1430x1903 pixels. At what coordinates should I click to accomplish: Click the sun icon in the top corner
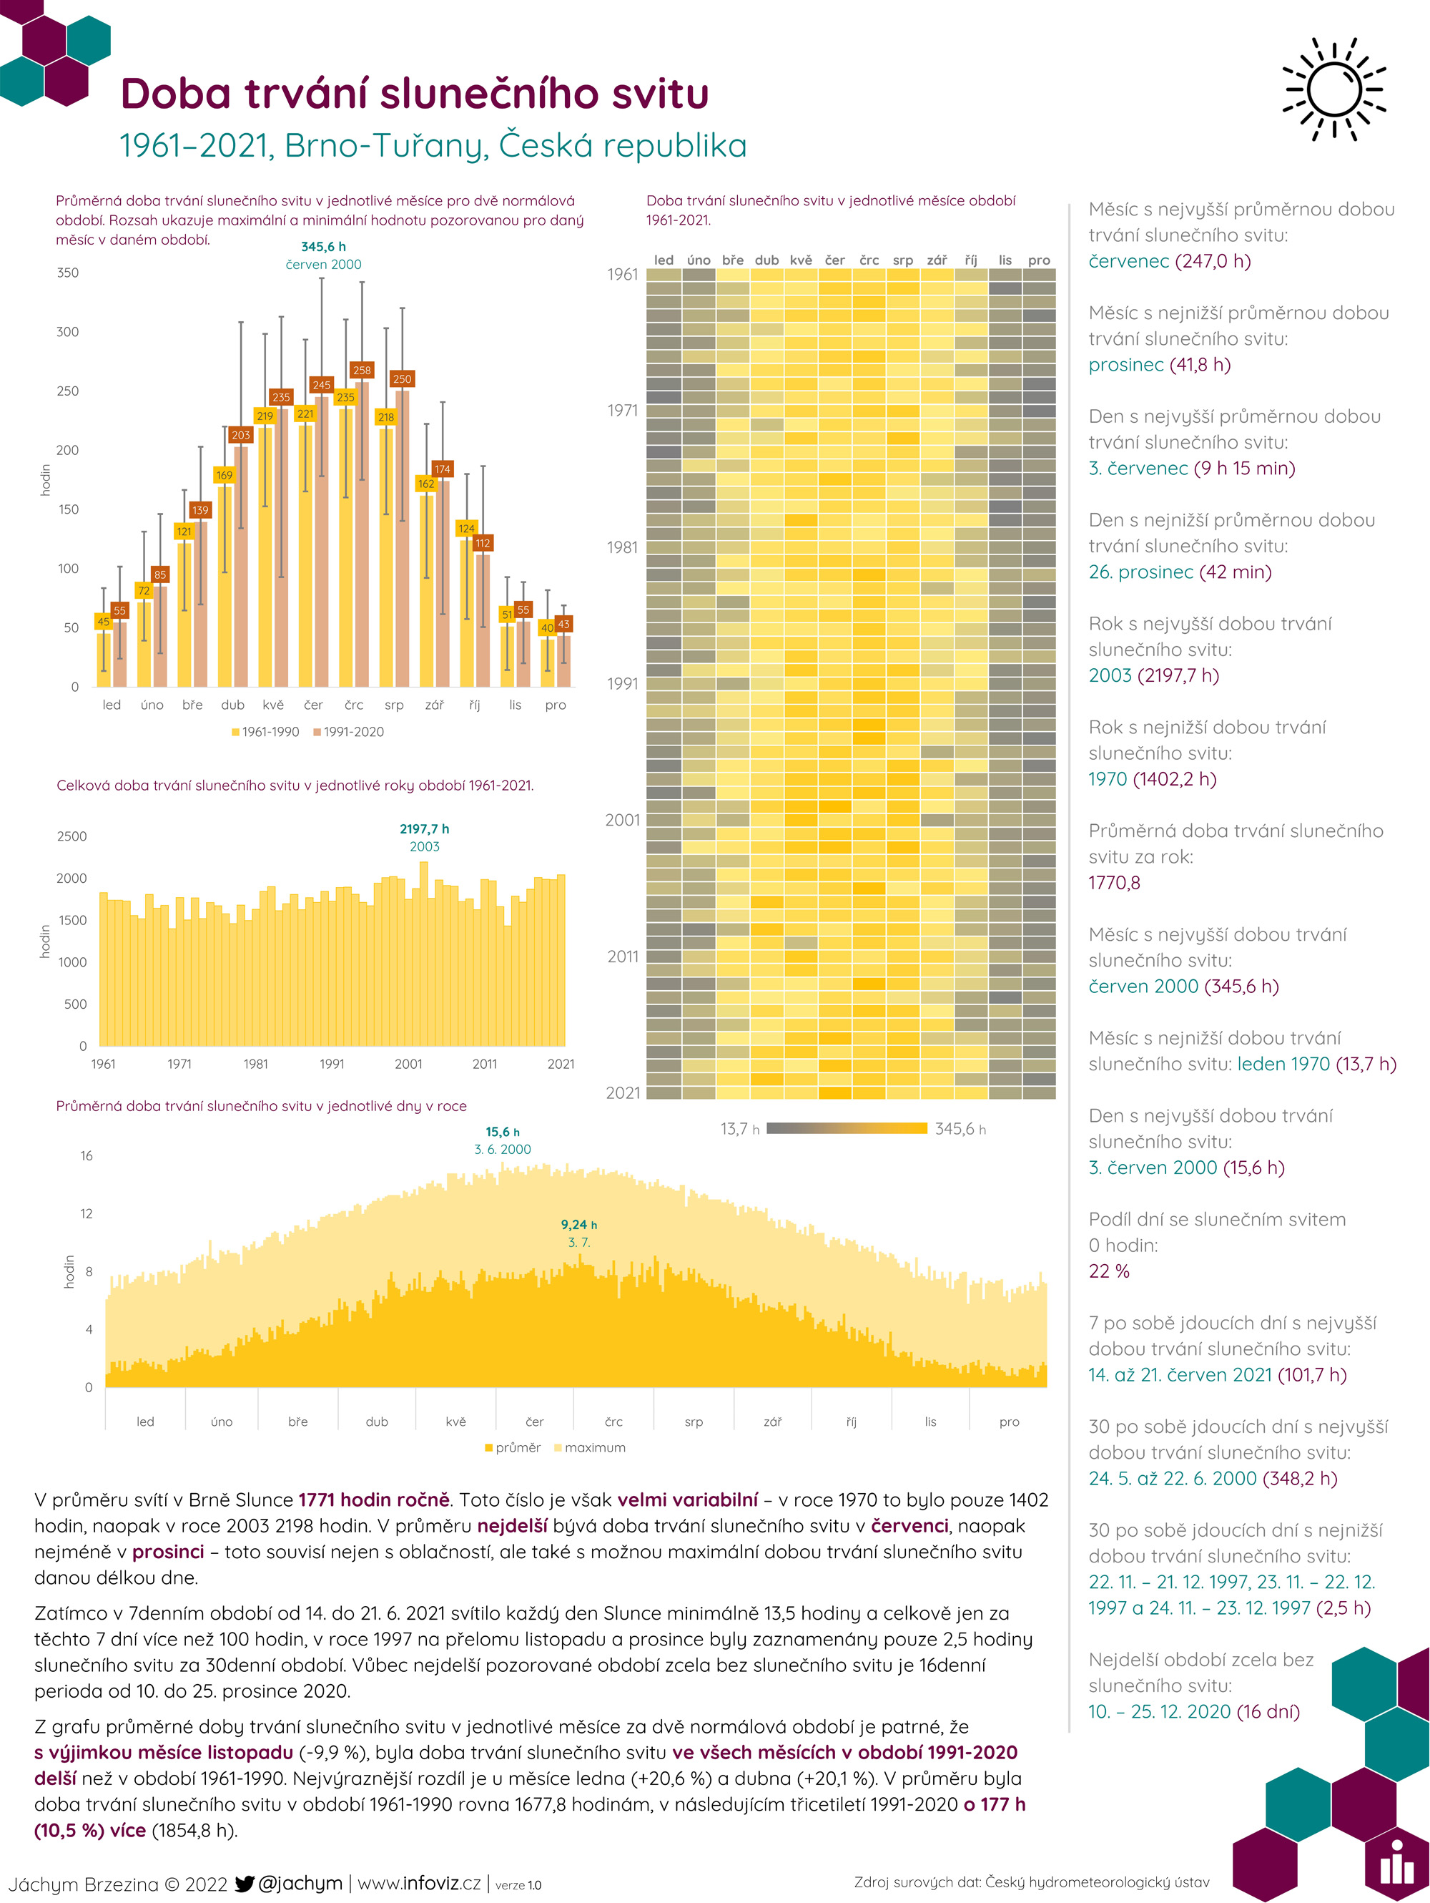click(x=1333, y=89)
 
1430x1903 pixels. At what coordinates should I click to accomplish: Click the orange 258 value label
click(x=362, y=370)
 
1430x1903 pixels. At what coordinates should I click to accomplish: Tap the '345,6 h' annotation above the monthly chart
click(x=323, y=247)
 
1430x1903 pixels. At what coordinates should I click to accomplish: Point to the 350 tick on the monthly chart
click(x=68, y=273)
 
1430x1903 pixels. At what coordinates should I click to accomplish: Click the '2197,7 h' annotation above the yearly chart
click(x=424, y=829)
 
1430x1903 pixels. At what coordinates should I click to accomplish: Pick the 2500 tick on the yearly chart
click(x=72, y=836)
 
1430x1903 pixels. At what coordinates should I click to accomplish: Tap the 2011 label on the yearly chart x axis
click(x=485, y=1065)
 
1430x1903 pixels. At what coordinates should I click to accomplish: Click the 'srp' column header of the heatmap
click(x=903, y=260)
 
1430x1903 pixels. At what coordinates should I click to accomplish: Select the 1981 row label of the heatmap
click(x=623, y=547)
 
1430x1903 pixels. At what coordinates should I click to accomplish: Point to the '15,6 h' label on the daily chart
click(x=503, y=1132)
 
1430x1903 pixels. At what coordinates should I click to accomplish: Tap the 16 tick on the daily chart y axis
click(x=87, y=1155)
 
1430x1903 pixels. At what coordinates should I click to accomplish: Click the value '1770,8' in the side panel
click(x=1115, y=883)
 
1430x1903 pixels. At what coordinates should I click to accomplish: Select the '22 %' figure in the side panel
click(x=1108, y=1271)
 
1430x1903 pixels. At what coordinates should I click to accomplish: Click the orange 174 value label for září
click(x=443, y=469)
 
